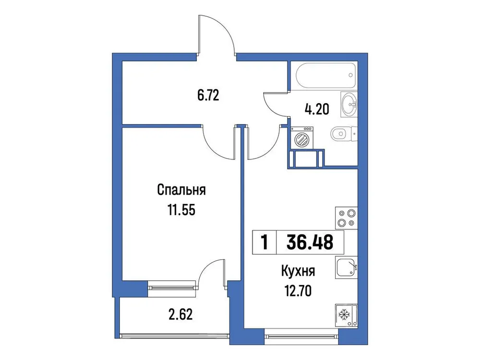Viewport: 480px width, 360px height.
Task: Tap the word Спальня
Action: point(181,191)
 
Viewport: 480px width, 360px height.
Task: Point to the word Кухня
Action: point(298,272)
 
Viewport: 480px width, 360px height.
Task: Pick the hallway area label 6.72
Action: point(208,95)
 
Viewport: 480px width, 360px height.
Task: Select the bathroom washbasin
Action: point(349,103)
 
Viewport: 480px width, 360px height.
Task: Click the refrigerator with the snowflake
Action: point(344,315)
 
